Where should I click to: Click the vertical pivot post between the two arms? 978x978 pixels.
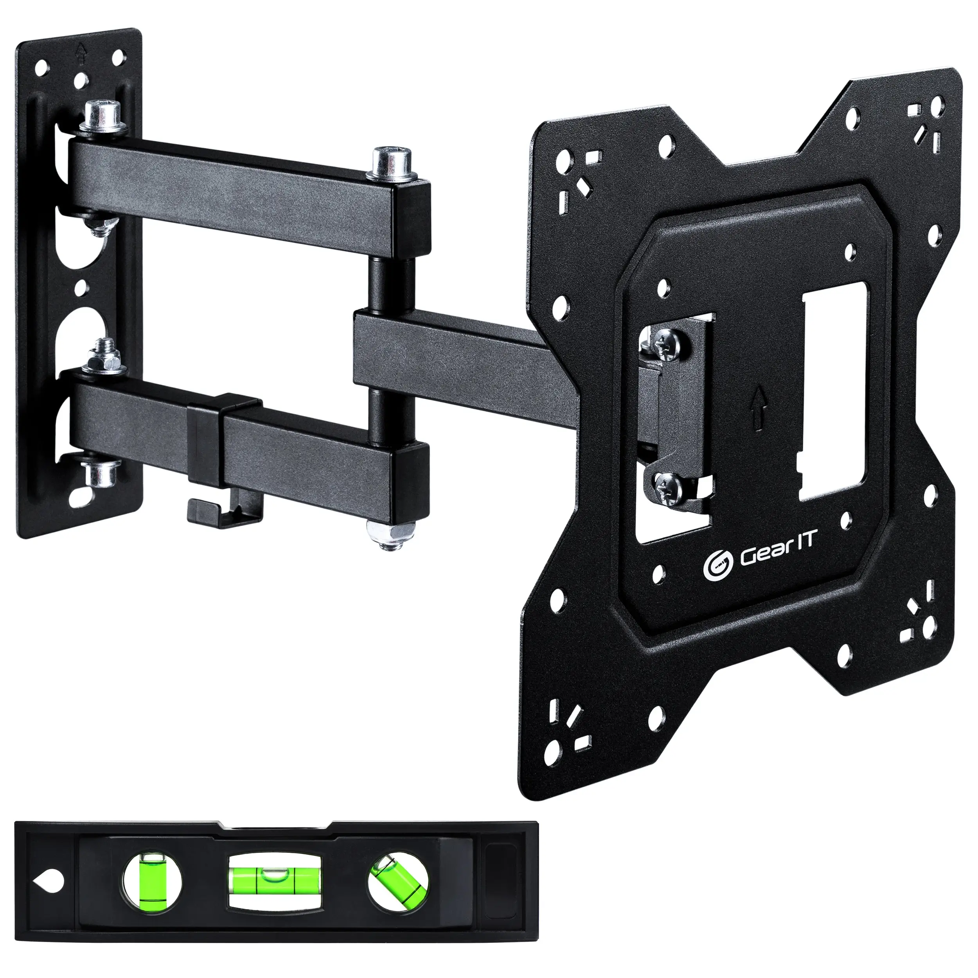pyautogui.click(x=391, y=284)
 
